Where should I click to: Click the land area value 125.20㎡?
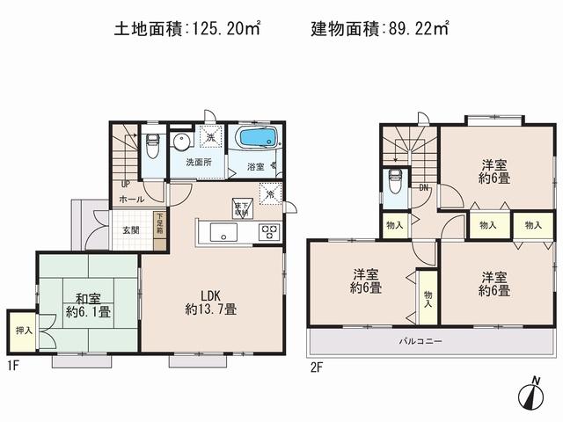pos(223,29)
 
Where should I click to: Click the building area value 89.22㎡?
pos(416,29)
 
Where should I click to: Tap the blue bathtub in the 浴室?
pos(258,138)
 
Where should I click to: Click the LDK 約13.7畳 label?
pos(210,302)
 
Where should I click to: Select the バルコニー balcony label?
pos(422,341)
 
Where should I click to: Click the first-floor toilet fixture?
pos(152,142)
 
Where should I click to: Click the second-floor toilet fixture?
pos(396,179)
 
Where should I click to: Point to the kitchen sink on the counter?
pos(220,233)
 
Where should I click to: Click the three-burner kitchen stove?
pos(268,233)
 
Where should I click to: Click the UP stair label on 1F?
pos(126,185)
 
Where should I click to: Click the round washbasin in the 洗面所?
pos(183,142)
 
